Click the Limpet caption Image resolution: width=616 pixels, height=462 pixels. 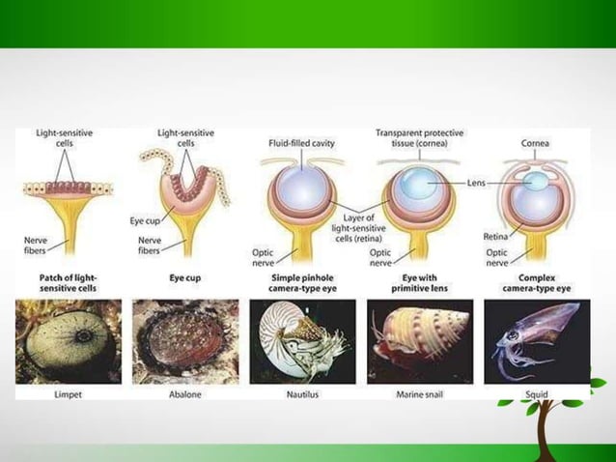pyautogui.click(x=70, y=394)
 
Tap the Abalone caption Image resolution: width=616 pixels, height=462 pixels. pyautogui.click(x=183, y=394)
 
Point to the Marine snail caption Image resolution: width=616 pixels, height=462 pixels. pyautogui.click(x=421, y=394)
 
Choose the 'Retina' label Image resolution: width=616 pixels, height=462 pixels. pyautogui.click(x=496, y=235)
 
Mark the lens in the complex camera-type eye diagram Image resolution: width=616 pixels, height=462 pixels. pyautogui.click(x=535, y=182)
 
